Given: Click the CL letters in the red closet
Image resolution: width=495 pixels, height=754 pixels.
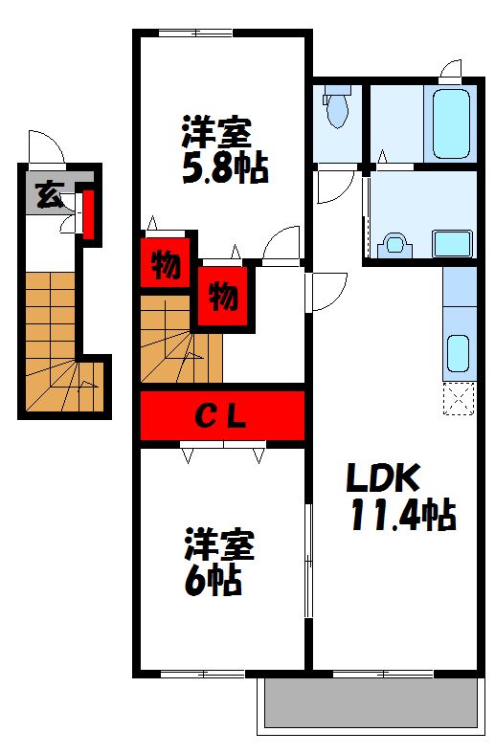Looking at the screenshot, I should (222, 416).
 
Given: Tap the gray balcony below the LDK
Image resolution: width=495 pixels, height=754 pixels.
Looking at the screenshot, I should (370, 706).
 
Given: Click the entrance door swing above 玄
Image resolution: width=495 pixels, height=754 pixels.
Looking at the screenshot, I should (46, 147).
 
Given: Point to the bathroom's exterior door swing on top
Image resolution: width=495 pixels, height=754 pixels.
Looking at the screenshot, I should (450, 69).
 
